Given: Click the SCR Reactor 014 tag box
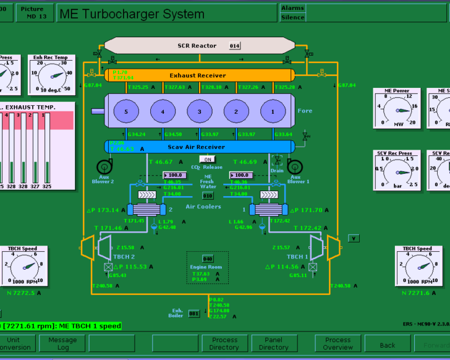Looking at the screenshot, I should [x=234, y=46].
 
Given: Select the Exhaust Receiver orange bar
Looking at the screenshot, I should [x=198, y=75].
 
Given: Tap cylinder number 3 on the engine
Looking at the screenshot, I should [x=199, y=111].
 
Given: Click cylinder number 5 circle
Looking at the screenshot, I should [x=126, y=111].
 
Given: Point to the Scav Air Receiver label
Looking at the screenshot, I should [x=197, y=147].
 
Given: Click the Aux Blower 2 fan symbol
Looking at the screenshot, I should [x=104, y=166].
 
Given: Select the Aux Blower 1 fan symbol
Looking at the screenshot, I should [x=293, y=166].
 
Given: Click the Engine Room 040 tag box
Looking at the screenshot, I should [x=208, y=259].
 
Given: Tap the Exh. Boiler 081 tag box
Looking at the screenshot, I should [x=193, y=314].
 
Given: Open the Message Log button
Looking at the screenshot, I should [x=62, y=343].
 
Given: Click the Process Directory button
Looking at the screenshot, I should [x=224, y=343].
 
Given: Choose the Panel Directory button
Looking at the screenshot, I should [x=273, y=343].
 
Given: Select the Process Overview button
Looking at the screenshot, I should [x=337, y=343].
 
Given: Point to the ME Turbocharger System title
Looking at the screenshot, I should [x=131, y=14].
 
